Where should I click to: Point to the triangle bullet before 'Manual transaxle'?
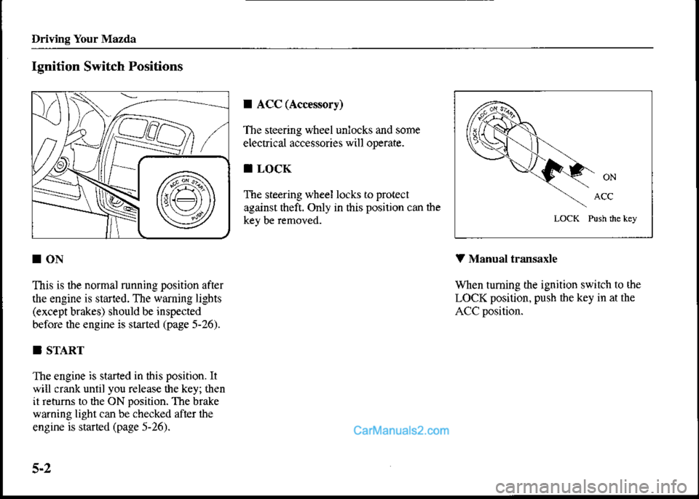coord(457,257)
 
